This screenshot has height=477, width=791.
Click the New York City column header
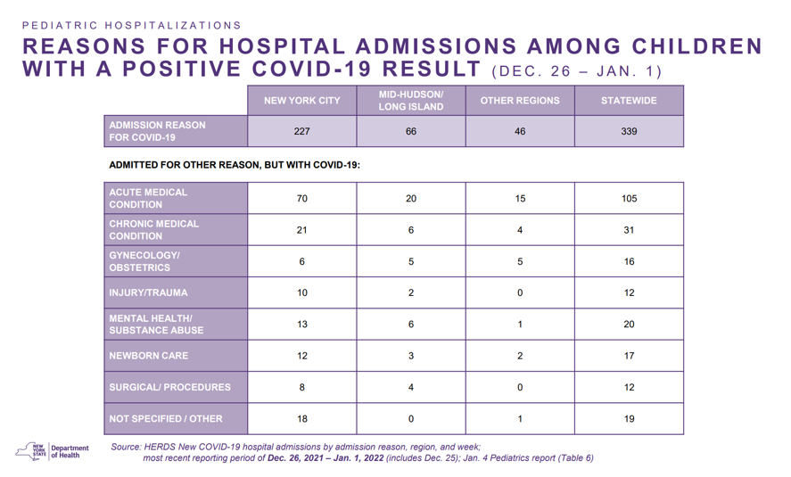tap(301, 101)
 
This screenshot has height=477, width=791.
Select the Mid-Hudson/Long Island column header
tap(410, 101)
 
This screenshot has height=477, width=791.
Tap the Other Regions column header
tap(520, 101)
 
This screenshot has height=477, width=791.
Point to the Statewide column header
tap(629, 101)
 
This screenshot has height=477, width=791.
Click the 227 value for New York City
tap(301, 131)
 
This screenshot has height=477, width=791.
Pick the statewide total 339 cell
tap(629, 131)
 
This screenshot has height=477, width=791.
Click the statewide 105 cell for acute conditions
tap(629, 198)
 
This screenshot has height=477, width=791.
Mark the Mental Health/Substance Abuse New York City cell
tap(301, 325)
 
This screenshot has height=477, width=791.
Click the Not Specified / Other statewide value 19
tap(629, 418)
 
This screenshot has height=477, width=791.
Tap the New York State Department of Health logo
tap(52, 451)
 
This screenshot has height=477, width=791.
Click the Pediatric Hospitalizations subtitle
tap(132, 25)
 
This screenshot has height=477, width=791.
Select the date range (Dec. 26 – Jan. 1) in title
tap(577, 71)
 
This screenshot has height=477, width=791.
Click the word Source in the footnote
tap(126, 447)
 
